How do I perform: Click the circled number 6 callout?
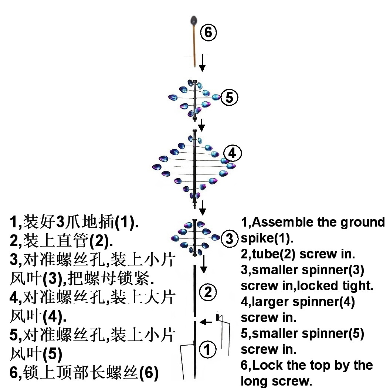click(208, 33)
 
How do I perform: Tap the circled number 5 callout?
click(229, 98)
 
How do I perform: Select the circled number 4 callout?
click(232, 153)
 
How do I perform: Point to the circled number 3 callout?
click(230, 239)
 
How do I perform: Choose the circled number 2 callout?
click(208, 292)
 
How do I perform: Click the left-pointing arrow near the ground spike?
click(206, 322)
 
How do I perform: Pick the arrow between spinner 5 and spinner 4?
click(201, 125)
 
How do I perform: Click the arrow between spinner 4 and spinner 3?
click(202, 209)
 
